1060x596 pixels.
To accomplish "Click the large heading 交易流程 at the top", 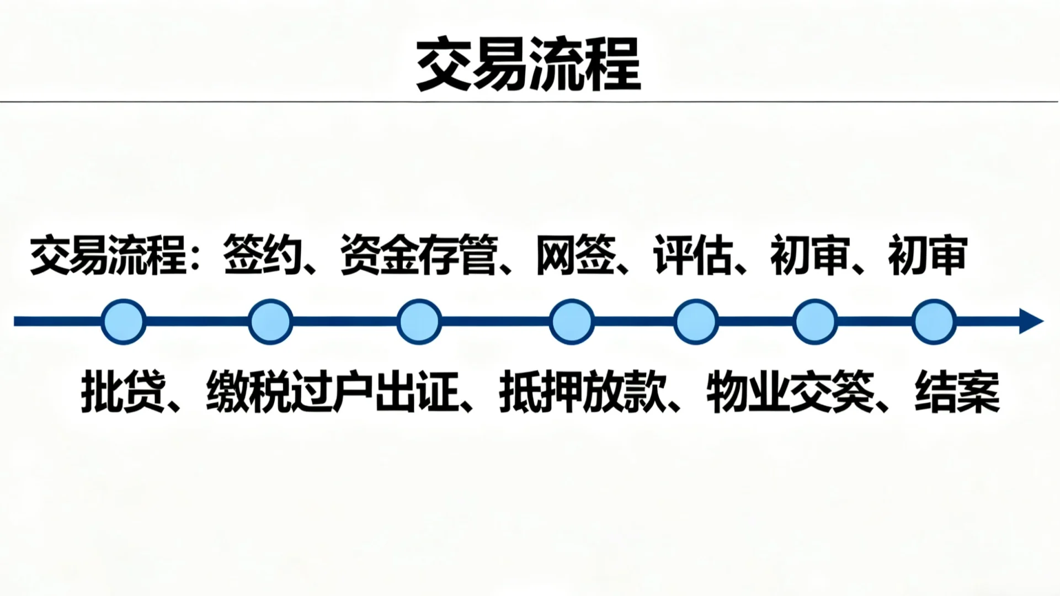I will pos(528,65).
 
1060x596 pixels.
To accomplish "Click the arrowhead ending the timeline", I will pos(1031,321).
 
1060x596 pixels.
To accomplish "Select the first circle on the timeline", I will pos(124,322).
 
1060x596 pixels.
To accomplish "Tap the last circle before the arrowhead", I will pos(934,322).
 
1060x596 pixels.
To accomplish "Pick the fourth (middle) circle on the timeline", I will pos(572,322).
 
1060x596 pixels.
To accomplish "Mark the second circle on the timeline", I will pos(270,322).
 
